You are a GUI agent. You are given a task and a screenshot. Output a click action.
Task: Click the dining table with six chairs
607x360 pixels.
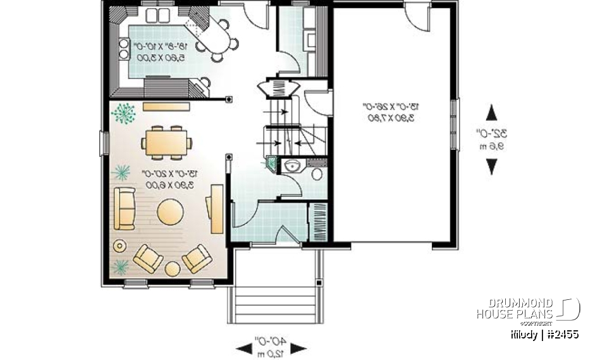point(167,142)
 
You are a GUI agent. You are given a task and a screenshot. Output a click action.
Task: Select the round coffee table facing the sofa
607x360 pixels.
point(171,211)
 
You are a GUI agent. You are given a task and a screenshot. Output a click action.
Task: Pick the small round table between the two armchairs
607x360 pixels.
point(173,269)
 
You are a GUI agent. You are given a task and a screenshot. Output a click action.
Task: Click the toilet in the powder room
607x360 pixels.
point(317,172)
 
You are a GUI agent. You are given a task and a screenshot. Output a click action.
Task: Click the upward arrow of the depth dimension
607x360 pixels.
point(491,115)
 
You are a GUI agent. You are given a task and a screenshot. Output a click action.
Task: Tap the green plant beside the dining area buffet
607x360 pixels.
point(124,113)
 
